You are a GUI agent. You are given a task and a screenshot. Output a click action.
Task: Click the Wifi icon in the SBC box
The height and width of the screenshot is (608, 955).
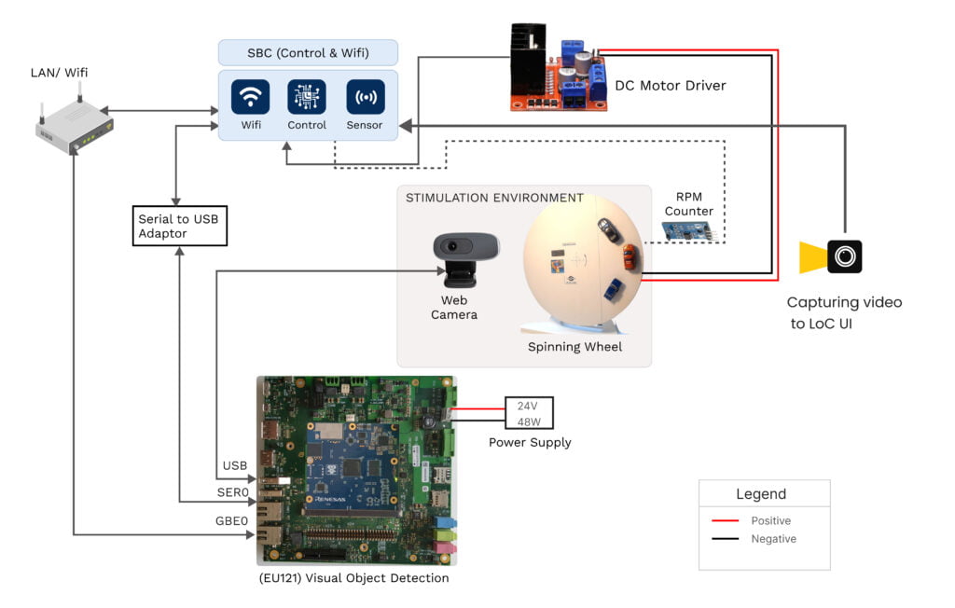(x=250, y=97)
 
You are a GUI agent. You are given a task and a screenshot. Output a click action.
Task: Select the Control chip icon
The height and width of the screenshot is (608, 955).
(x=307, y=97)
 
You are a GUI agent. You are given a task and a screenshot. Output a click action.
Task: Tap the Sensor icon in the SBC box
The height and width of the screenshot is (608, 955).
(x=365, y=97)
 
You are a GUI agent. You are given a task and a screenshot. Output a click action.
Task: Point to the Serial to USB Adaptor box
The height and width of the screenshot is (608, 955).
(x=179, y=226)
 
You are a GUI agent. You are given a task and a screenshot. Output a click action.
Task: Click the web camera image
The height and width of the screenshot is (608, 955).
(x=464, y=258)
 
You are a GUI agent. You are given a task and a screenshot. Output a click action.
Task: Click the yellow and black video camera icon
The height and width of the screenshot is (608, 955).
(x=832, y=256)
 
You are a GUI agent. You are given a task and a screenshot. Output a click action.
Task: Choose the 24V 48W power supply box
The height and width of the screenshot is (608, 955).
(x=529, y=413)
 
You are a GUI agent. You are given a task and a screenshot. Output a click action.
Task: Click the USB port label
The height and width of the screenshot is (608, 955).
(x=234, y=465)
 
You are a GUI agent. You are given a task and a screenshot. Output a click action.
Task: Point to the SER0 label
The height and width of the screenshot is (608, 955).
(x=233, y=491)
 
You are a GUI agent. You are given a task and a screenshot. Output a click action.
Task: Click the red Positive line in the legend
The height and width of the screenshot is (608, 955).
(x=725, y=520)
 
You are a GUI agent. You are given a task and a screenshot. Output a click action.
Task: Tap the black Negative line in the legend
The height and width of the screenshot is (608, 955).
(x=725, y=539)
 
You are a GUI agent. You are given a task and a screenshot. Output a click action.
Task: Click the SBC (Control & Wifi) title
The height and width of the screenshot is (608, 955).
(x=308, y=52)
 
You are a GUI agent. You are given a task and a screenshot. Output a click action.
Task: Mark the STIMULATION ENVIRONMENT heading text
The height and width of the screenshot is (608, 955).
(x=494, y=198)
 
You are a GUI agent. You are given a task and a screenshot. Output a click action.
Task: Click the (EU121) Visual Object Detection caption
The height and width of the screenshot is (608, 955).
(x=353, y=578)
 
